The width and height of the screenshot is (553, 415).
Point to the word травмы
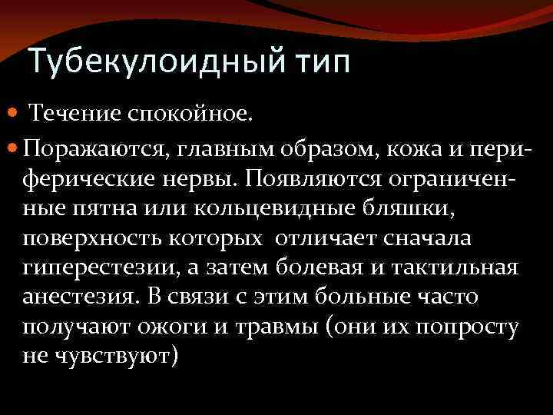pyautogui.click(x=260, y=327)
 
